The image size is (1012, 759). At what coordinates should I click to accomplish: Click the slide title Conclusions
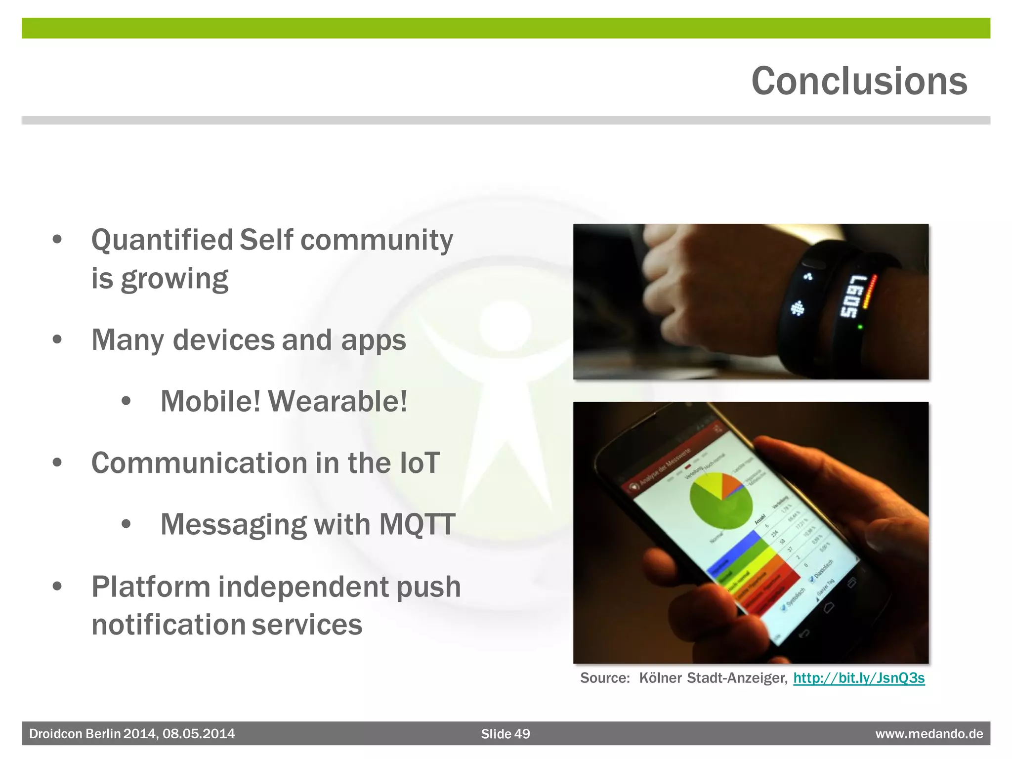coord(859,82)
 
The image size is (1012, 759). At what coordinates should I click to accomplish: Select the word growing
coord(174,279)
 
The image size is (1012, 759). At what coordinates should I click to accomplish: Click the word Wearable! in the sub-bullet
coord(337,401)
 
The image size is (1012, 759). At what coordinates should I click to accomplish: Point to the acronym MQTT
coord(417,524)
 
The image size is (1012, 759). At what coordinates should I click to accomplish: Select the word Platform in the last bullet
coord(151,587)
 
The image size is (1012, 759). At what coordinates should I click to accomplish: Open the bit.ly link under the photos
coord(858,678)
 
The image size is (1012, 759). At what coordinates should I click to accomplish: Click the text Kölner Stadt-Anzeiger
coord(712,678)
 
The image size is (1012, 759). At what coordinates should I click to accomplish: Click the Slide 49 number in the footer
coord(505,734)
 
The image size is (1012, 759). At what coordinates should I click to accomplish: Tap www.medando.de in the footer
coord(929,734)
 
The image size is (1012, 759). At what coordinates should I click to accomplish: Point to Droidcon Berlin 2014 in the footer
coord(93,734)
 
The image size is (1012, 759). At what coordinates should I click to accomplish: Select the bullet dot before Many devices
coord(57,340)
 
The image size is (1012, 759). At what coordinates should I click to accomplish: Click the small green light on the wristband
coord(860,327)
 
